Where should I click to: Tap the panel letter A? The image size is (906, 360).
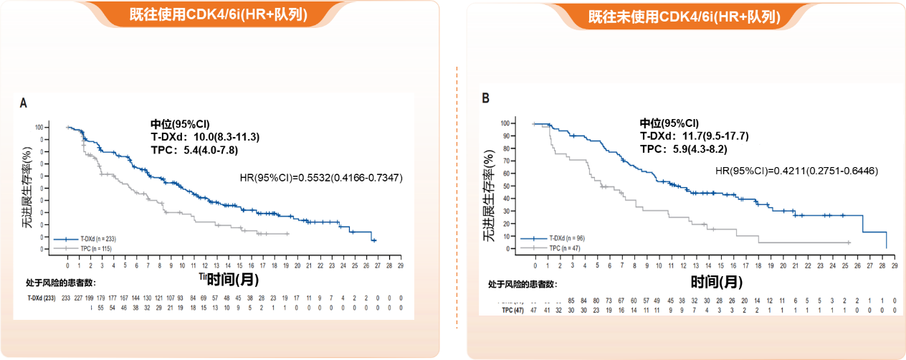[23, 103]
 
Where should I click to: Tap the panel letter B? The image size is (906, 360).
[486, 97]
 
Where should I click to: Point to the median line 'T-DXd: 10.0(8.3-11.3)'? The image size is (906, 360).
[204, 136]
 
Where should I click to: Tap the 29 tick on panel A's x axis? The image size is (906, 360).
[401, 265]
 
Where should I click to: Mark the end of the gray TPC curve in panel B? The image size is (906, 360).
[849, 243]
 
